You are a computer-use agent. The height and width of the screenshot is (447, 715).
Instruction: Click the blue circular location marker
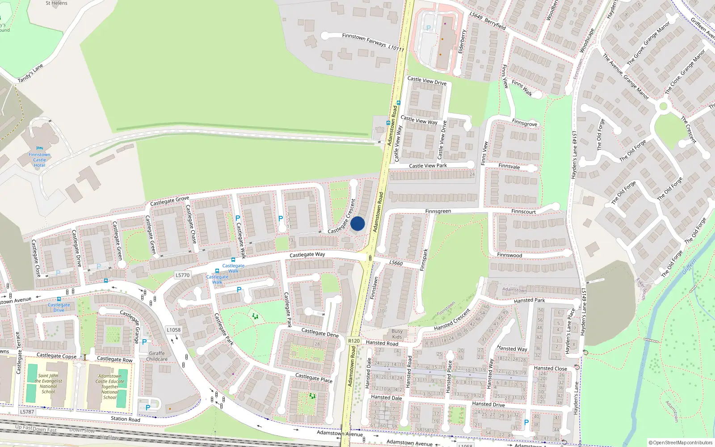coord(357,223)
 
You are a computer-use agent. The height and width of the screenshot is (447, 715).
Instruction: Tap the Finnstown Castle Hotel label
coord(39,160)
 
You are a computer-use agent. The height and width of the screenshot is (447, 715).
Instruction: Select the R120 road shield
coord(353,341)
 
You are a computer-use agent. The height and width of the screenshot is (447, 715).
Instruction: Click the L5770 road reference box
coord(182,275)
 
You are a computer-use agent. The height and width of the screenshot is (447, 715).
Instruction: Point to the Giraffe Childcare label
coord(157,356)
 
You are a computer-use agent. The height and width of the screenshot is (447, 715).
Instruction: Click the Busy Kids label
coord(397,334)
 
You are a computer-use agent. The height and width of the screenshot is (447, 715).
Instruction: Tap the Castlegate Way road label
coord(307,254)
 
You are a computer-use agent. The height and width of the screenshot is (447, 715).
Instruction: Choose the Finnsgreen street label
coord(438,211)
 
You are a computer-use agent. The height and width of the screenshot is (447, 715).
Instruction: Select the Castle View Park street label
coord(428,166)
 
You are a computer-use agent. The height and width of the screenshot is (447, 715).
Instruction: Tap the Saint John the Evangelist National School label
coord(49,384)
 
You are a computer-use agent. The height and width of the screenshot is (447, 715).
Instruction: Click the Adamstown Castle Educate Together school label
coord(109,387)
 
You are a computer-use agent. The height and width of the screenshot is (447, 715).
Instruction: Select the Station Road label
coord(125,419)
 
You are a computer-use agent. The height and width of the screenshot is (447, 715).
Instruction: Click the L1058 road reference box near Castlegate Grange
coord(173,330)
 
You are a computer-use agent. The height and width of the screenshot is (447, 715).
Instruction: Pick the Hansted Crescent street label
coord(452,320)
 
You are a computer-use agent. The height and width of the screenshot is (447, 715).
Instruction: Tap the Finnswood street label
coord(509,255)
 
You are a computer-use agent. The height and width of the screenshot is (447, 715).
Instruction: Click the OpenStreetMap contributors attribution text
coord(680,443)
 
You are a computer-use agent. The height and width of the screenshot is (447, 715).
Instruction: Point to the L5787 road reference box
coord(27,412)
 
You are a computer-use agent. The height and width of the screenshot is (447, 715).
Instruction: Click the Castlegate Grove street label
coord(169,201)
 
